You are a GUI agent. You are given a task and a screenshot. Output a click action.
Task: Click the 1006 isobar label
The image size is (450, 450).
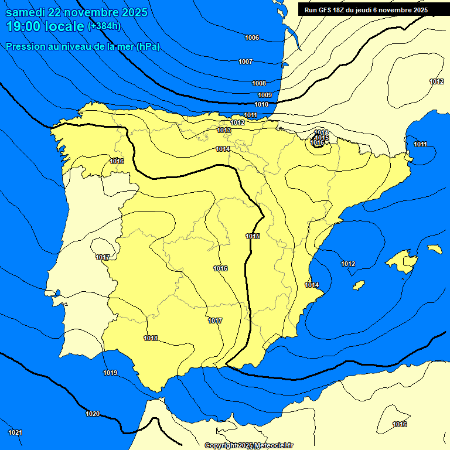[252, 37]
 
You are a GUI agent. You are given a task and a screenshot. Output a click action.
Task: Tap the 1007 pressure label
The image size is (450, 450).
[246, 62]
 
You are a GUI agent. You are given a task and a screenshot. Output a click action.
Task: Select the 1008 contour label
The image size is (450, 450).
[259, 83]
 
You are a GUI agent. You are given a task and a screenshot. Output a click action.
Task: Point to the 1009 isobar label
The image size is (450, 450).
[265, 95]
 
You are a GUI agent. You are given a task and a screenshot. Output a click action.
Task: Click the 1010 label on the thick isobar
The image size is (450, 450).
[261, 104]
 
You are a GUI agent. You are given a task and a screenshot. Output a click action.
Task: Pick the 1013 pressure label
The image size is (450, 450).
[223, 130]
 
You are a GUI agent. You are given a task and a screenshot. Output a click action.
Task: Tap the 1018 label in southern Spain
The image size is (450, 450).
[151, 338]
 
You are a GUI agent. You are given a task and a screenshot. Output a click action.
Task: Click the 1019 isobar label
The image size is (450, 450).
[110, 373]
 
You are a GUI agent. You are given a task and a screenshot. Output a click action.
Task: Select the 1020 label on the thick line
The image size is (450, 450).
[93, 414]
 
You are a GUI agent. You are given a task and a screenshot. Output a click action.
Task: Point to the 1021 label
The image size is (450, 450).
[15, 432]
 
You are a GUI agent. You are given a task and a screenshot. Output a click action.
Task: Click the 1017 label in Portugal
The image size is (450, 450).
[103, 257]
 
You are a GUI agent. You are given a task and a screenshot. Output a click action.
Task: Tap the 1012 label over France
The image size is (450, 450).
[437, 81]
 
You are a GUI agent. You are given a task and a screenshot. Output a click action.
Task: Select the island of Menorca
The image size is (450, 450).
[434, 249]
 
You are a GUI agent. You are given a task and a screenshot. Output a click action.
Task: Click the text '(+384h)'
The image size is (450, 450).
[104, 26]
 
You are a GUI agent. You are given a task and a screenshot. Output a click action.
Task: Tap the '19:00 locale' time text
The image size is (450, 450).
[45, 26]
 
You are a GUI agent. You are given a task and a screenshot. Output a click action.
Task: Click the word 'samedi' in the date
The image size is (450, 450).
[23, 12]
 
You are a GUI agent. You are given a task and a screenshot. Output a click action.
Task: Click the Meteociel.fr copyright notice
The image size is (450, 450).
[248, 445]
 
